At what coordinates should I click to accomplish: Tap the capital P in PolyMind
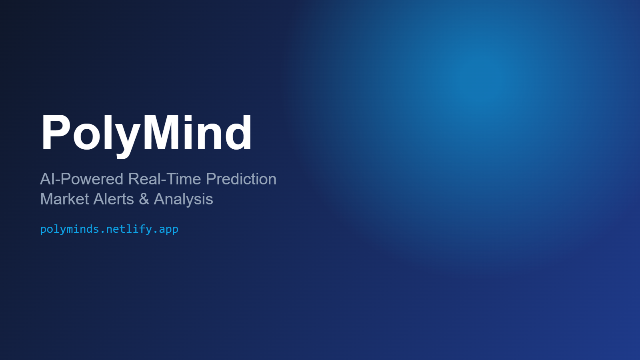pos(56,132)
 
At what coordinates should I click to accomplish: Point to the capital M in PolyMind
pos(162,132)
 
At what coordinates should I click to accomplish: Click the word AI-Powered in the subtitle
pos(82,179)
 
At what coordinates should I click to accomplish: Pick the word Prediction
pos(241,179)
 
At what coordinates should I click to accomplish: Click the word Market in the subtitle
pos(64,199)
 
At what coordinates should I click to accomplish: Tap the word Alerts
pos(114,199)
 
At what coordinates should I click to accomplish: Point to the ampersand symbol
pos(144,199)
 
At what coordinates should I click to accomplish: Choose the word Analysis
pos(184,200)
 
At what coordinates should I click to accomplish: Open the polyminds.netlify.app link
pos(109,230)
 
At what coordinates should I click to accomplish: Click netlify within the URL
pos(129,230)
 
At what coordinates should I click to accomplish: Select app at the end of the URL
pos(168,230)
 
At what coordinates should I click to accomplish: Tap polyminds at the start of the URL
pos(70,230)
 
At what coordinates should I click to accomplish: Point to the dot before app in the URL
pos(156,232)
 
